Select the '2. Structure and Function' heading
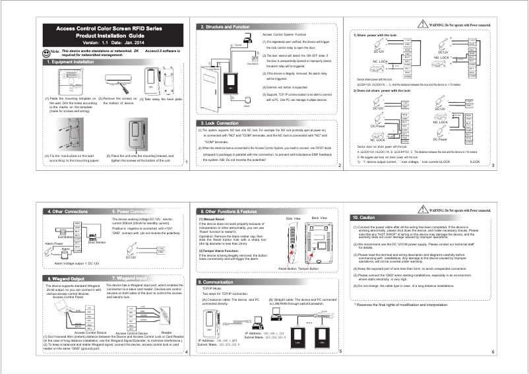click(x=225, y=26)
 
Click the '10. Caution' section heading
click(x=364, y=217)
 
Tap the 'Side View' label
click(x=294, y=217)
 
